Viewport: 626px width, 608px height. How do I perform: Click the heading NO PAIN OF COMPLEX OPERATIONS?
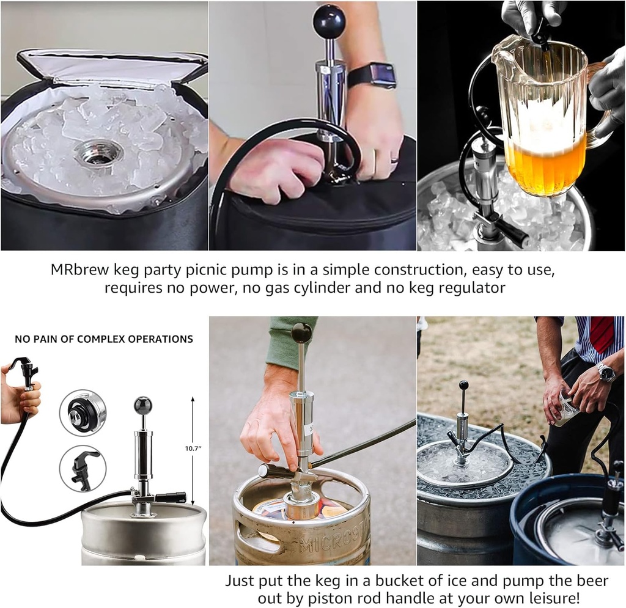pos(104,339)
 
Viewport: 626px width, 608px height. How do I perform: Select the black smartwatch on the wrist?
pos(374,75)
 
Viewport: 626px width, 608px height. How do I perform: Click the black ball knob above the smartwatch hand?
pos(330,21)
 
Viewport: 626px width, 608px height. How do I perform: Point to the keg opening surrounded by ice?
pos(98,153)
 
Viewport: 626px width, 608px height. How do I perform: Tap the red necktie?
pos(601,334)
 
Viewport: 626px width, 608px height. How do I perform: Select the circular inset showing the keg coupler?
pos(83,412)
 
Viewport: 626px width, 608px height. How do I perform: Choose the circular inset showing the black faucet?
pos(83,468)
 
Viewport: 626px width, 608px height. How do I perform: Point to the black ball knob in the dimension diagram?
pos(142,405)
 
